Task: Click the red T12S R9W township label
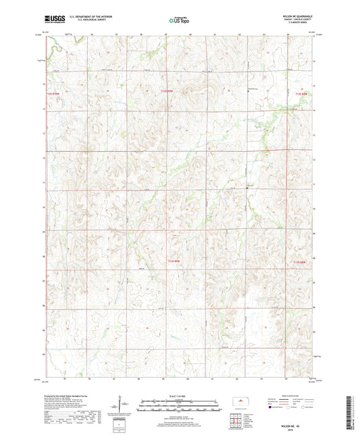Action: [x=168, y=89]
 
